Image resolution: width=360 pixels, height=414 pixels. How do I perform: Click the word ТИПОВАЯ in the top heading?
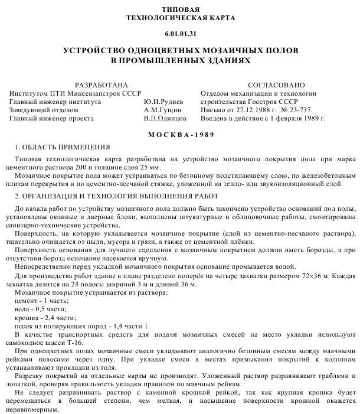click(181, 10)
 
